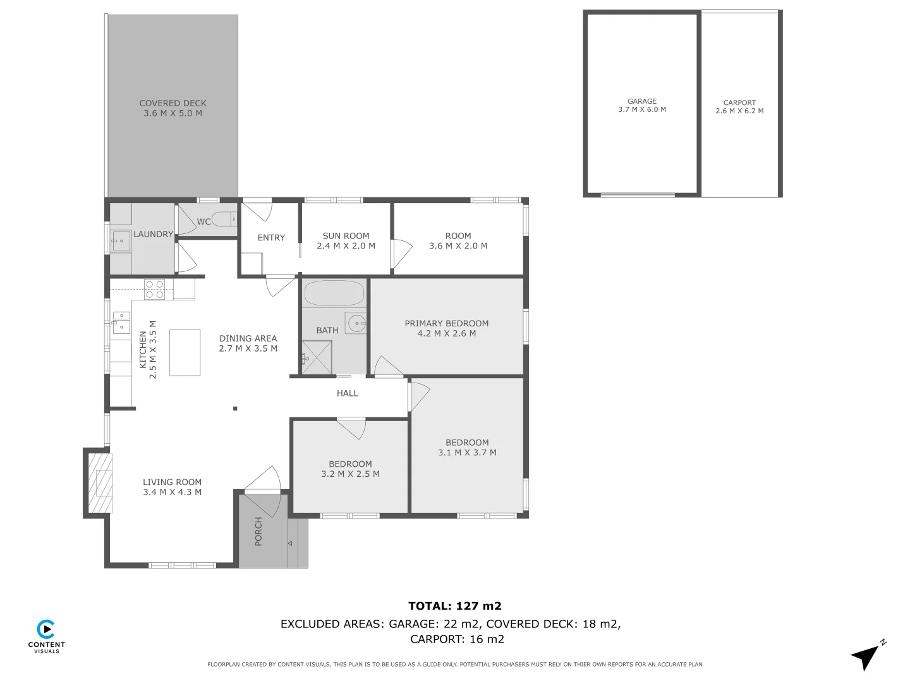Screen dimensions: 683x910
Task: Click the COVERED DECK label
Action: (173, 103)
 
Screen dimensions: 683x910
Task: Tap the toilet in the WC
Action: (223, 220)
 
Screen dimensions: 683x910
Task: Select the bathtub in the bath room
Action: (334, 293)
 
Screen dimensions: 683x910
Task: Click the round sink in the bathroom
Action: (356, 323)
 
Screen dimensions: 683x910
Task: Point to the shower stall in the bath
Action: (317, 357)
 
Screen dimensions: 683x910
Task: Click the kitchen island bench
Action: (185, 352)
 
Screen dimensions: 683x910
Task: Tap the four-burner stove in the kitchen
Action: (155, 289)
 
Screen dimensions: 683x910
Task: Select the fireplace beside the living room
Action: (100, 483)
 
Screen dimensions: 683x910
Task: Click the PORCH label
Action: (258, 531)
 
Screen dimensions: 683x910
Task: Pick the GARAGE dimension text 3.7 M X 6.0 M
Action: (642, 109)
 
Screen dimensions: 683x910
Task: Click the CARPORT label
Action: (739, 102)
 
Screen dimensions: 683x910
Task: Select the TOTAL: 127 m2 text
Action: (454, 606)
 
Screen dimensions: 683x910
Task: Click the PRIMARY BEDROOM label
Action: (446, 323)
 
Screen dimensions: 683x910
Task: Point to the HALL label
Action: (347, 393)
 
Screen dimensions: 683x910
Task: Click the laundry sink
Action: (121, 241)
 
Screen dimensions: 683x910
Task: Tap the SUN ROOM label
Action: (346, 236)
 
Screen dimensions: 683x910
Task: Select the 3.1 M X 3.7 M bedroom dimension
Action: (467, 453)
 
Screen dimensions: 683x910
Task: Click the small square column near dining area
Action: (235, 409)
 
